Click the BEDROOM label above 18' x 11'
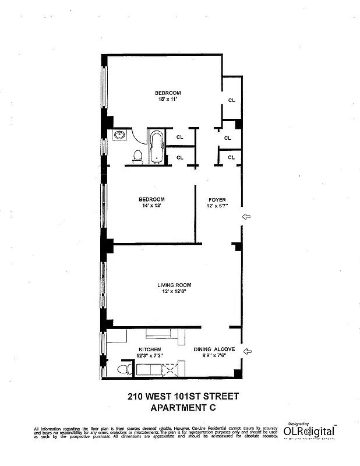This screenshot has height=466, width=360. point(167,93)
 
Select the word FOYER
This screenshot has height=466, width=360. point(217,199)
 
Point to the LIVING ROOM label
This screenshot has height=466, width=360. point(174,285)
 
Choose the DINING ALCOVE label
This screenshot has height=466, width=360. point(214,349)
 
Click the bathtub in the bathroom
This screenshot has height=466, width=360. point(156,146)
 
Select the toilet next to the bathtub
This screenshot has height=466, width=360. point(138,156)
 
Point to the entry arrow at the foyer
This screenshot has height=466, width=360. point(246,216)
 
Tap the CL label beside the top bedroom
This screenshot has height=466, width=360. point(231,100)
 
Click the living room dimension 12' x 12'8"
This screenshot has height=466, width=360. point(174,291)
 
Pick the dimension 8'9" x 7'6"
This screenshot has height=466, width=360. point(214,356)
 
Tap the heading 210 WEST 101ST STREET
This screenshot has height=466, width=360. point(183,397)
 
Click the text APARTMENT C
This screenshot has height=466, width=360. point(183,408)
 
